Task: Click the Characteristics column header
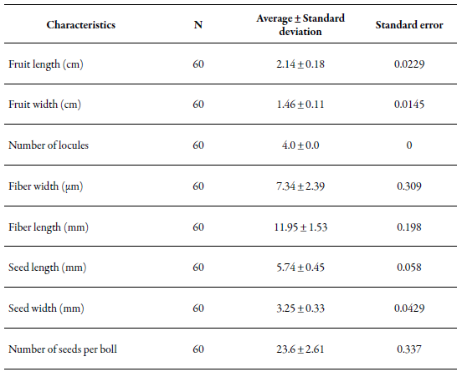pyautogui.click(x=80, y=25)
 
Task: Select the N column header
pyautogui.click(x=198, y=25)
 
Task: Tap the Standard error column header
pyautogui.click(x=409, y=25)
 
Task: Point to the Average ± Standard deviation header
pyautogui.click(x=300, y=25)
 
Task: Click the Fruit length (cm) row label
pyautogui.click(x=46, y=64)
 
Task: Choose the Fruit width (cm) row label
pyautogui.click(x=44, y=104)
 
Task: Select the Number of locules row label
pyautogui.click(x=49, y=145)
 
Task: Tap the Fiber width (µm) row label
pyautogui.click(x=46, y=186)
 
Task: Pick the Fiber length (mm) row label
pyautogui.click(x=49, y=227)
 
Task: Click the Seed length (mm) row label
pyautogui.click(x=47, y=268)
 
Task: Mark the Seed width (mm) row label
pyautogui.click(x=46, y=308)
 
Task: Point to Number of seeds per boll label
pyautogui.click(x=63, y=349)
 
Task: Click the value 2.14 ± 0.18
pyautogui.click(x=300, y=64)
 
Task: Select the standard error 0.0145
pyautogui.click(x=409, y=104)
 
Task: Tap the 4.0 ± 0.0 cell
pyautogui.click(x=300, y=145)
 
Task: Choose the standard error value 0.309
pyautogui.click(x=409, y=186)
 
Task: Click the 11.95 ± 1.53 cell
pyautogui.click(x=300, y=227)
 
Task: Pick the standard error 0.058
pyautogui.click(x=409, y=268)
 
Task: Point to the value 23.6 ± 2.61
pyautogui.click(x=300, y=349)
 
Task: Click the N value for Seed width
pyautogui.click(x=198, y=308)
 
